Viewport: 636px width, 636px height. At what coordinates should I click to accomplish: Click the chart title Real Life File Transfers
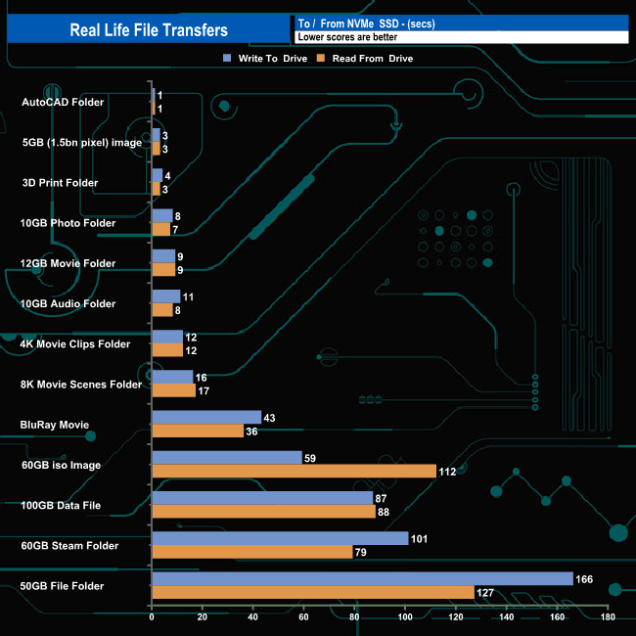pyautogui.click(x=149, y=30)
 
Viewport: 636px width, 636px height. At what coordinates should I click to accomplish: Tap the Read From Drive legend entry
pyautogui.click(x=366, y=59)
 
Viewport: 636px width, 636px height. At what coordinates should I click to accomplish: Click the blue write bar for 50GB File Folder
pyautogui.click(x=362, y=579)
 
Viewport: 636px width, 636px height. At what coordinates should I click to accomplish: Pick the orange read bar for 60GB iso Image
pyautogui.click(x=294, y=471)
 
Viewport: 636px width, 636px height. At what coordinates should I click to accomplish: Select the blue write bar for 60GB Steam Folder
pyautogui.click(x=280, y=538)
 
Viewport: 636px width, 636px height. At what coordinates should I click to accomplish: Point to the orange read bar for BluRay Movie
pyautogui.click(x=198, y=431)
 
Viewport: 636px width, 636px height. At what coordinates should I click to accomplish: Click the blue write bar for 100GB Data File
pyautogui.click(x=262, y=498)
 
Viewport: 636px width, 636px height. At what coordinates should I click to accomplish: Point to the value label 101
pyautogui.click(x=421, y=538)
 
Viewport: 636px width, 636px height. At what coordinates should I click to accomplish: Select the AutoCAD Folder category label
pyautogui.click(x=63, y=102)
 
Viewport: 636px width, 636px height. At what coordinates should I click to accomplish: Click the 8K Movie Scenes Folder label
pyautogui.click(x=80, y=385)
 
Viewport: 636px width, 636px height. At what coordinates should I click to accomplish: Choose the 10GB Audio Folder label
pyautogui.click(x=68, y=303)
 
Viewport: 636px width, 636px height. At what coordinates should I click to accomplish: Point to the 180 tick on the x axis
pyautogui.click(x=608, y=617)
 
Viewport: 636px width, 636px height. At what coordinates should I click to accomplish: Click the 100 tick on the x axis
pyautogui.click(x=405, y=617)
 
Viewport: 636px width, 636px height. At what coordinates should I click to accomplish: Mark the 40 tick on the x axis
pyautogui.click(x=253, y=617)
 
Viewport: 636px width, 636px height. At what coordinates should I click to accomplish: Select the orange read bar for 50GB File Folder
pyautogui.click(x=313, y=592)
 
